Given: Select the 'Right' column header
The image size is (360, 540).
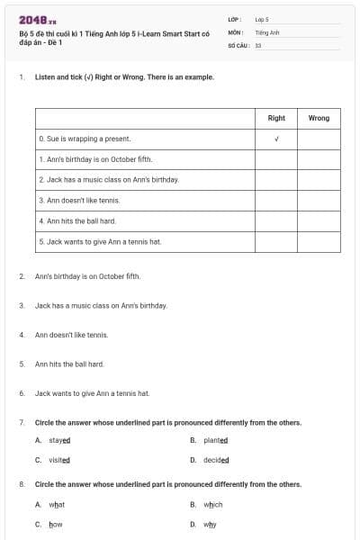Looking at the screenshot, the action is click(276, 118).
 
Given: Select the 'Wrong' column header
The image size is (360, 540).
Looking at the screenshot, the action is click(319, 118).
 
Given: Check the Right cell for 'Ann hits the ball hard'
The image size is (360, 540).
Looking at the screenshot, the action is click(276, 220).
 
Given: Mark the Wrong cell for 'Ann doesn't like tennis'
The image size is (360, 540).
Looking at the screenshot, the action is click(319, 200).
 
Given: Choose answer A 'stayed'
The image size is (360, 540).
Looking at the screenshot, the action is click(58, 440).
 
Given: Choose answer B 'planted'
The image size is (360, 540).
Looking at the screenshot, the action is click(215, 440).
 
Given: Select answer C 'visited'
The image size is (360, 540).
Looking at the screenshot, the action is click(58, 459).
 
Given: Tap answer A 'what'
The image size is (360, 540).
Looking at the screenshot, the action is click(57, 505).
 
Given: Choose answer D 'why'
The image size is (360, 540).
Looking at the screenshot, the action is click(210, 524).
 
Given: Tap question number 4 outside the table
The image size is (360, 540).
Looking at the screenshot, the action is click(21, 335).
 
